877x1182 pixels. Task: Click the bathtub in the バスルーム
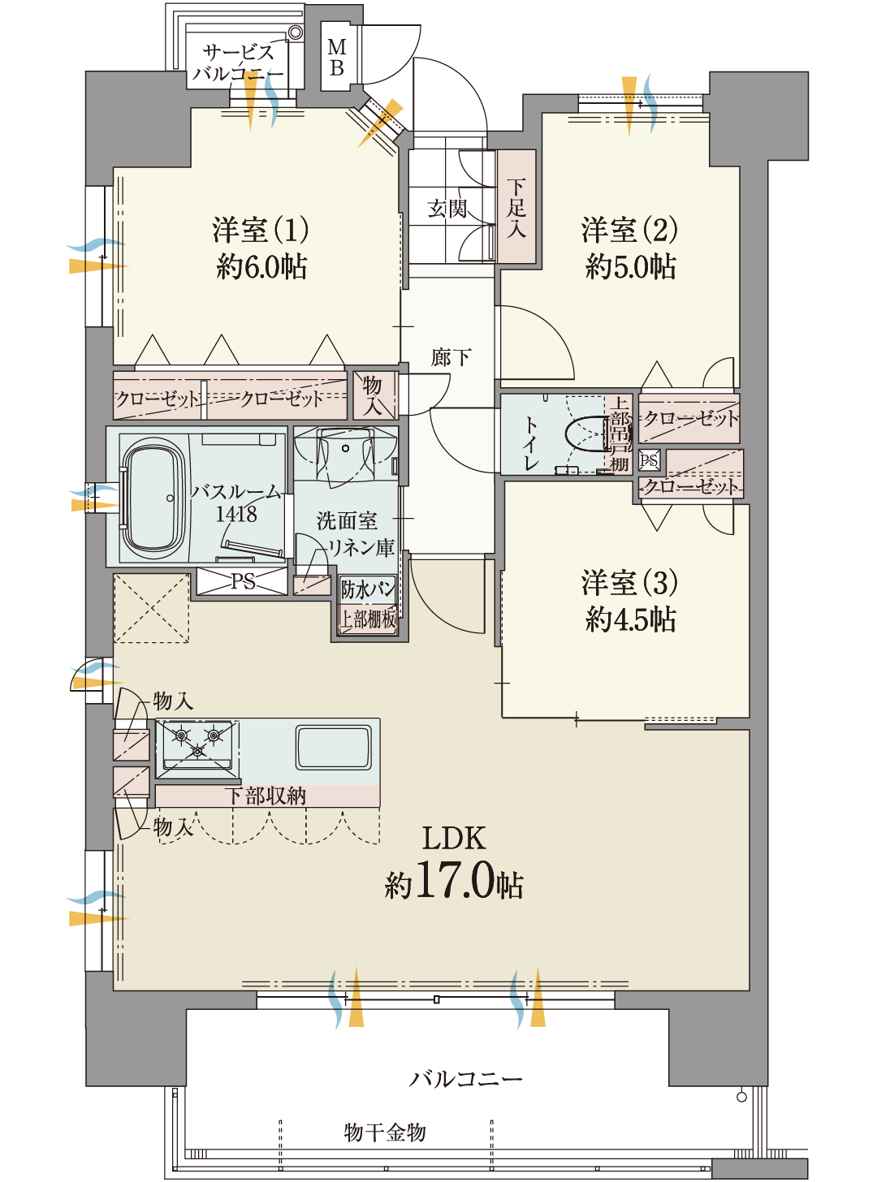coord(154,498)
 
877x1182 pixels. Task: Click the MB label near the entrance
coord(336,58)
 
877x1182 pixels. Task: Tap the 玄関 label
coord(447,209)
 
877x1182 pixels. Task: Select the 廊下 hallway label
coord(451,357)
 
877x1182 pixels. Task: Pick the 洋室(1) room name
coord(260,230)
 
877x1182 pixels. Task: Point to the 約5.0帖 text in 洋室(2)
coord(630,266)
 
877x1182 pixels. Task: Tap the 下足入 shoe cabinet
coord(516,206)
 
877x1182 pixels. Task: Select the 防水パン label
coord(368,589)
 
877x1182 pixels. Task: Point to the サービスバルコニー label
coord(237,63)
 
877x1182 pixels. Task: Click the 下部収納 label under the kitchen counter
coord(266,796)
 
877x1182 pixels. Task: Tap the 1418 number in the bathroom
coord(236,514)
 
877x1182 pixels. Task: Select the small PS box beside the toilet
coord(649,459)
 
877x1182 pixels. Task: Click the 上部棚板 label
coord(368,619)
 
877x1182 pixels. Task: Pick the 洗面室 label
coord(347,520)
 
